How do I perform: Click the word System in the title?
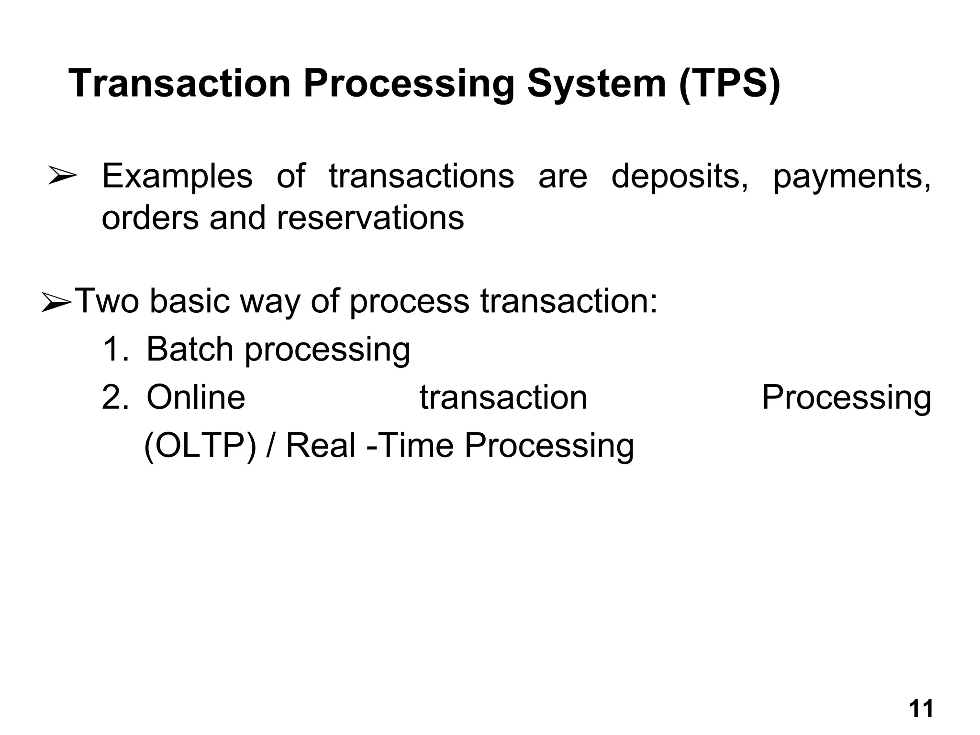tap(596, 84)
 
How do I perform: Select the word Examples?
tap(177, 177)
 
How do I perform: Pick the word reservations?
tap(370, 219)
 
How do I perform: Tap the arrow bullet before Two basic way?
tap(56, 303)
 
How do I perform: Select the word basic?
tap(189, 302)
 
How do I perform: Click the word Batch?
tap(190, 349)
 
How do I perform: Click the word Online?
tap(196, 397)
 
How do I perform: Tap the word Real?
tap(320, 446)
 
